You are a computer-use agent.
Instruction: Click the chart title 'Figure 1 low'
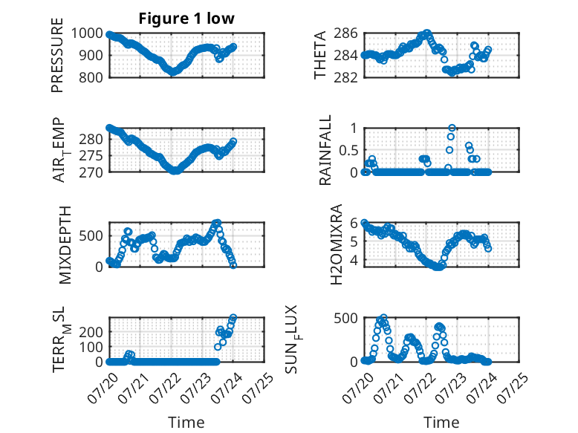pos(186,19)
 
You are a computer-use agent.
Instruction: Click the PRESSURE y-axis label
pos(57,55)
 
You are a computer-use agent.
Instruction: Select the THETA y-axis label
pos(320,55)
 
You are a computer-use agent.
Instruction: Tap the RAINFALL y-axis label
pos(325,150)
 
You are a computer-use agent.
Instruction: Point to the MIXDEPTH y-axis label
pos(65,245)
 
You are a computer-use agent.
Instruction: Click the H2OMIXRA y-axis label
pos(336,244)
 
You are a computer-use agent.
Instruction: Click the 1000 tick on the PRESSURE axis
pos(87,33)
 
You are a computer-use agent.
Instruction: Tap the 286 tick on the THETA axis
pos(345,33)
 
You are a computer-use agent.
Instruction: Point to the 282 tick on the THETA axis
pos(345,78)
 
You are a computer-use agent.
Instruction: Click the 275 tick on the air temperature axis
pos(91,156)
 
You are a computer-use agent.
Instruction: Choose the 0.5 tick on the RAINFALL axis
pos(348,150)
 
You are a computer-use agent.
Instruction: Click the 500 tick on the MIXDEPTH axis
pos(91,236)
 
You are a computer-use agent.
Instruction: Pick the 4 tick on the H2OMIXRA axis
pos(354,260)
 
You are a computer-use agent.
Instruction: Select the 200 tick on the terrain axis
pos(91,332)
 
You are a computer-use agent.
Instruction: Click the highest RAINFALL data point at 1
pos(452,128)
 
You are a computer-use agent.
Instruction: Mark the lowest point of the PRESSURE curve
pos(172,72)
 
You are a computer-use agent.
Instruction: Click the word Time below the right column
pos(441,423)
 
